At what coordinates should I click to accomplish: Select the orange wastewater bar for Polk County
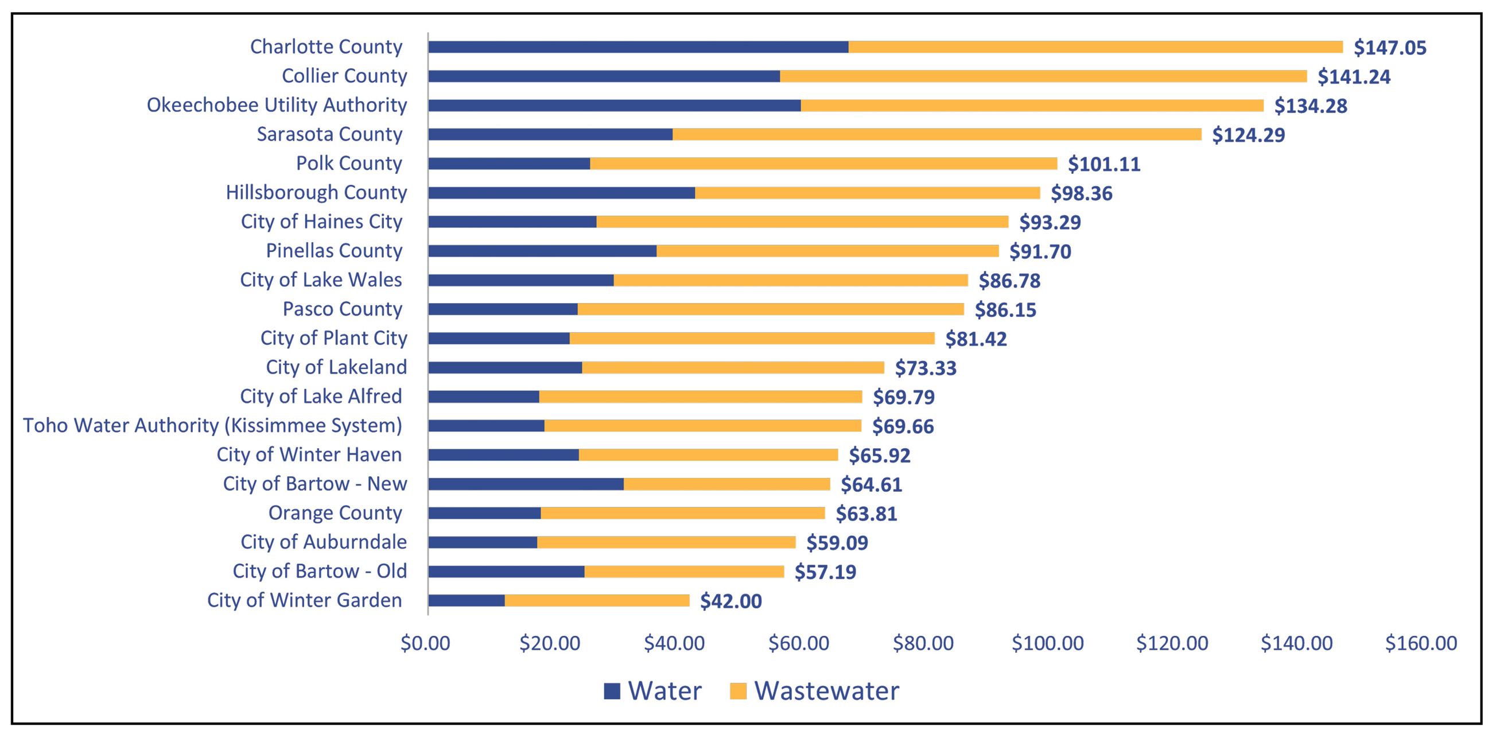click(823, 164)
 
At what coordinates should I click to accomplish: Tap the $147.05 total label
click(1389, 48)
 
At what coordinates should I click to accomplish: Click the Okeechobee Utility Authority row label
click(277, 105)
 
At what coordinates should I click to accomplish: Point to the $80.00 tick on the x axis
click(923, 643)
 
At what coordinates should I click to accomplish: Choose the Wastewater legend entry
click(814, 690)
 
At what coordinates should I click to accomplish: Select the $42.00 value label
click(731, 601)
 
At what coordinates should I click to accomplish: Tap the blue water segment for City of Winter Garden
click(466, 601)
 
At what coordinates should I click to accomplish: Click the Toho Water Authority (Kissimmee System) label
click(212, 425)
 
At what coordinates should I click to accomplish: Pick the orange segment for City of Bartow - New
click(726, 484)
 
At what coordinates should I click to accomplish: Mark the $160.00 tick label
click(1421, 643)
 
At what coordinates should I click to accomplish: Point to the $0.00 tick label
click(425, 643)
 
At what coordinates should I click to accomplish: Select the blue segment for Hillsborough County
click(561, 192)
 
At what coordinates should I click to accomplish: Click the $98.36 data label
click(1081, 193)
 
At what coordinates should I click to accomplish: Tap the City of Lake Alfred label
click(321, 396)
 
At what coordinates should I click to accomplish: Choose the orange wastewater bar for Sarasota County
click(937, 134)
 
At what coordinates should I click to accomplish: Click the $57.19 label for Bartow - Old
click(825, 572)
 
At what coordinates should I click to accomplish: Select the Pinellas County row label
click(333, 251)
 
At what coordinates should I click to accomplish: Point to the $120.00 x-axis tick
click(1172, 643)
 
